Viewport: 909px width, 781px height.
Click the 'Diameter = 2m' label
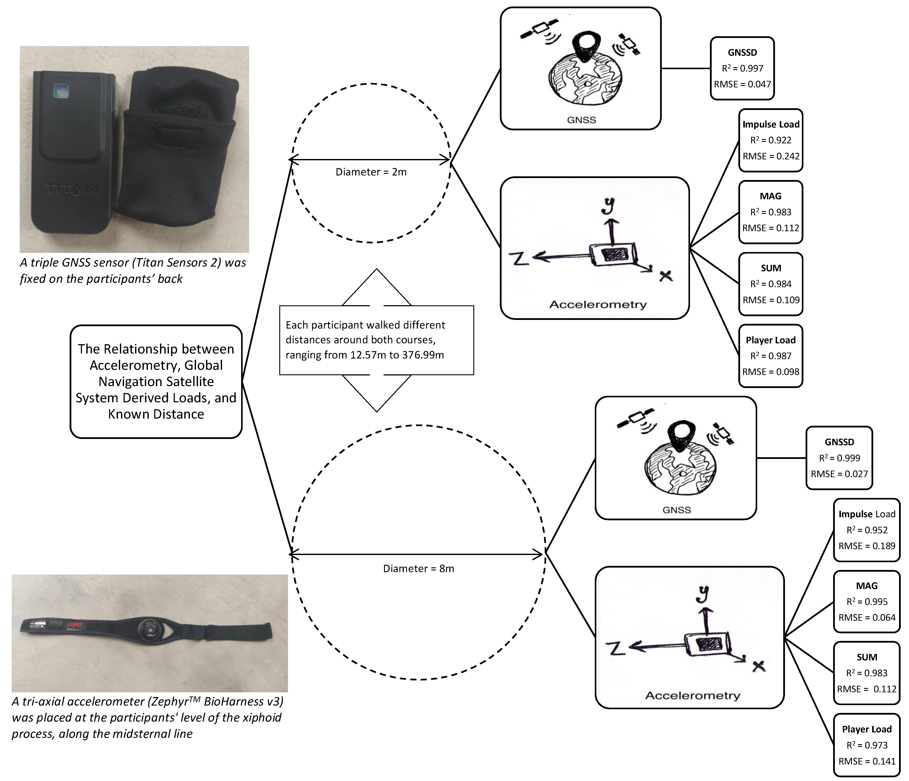point(371,172)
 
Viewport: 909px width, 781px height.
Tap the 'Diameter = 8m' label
point(419,569)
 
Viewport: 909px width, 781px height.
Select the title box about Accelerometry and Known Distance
point(156,381)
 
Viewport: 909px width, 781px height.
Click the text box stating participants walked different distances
point(376,340)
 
